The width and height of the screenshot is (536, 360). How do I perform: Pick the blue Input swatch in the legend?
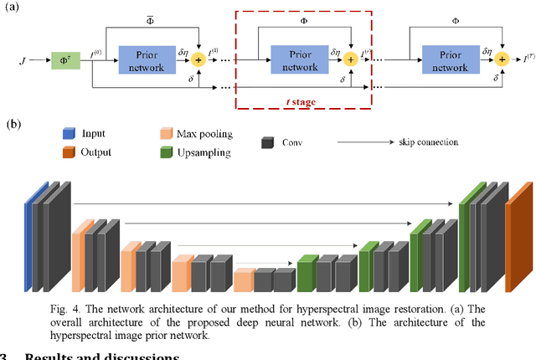click(x=69, y=132)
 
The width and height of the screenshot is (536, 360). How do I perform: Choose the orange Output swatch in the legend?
click(x=69, y=152)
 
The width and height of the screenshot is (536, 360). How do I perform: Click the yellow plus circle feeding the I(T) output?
click(x=501, y=59)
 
